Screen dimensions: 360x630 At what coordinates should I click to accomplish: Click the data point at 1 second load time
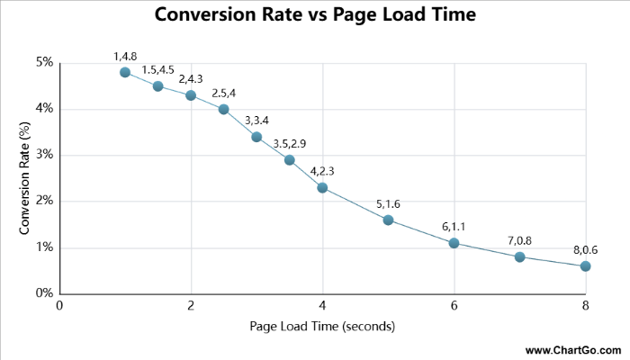[125, 72]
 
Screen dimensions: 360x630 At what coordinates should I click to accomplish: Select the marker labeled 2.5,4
[224, 109]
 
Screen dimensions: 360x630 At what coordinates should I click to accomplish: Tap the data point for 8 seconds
[585, 265]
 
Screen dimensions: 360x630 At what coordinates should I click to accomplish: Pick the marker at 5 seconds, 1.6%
[388, 220]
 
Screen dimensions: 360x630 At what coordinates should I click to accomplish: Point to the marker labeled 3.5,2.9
[290, 159]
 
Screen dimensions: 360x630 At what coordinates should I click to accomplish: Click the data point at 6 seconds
[454, 243]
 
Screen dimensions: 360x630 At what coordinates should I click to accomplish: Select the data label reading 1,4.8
[125, 56]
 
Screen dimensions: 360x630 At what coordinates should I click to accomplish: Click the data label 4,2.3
[322, 171]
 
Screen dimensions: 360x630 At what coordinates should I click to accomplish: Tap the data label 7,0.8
[519, 240]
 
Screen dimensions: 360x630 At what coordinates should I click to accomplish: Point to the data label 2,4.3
[191, 78]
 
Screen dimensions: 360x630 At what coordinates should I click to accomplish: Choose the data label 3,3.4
[256, 121]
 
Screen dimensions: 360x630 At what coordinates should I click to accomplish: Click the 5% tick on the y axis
[44, 63]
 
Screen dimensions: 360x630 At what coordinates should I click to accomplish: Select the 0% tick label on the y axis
[44, 293]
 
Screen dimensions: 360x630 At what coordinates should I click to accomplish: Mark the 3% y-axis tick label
[44, 155]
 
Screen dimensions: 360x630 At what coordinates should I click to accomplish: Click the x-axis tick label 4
[322, 306]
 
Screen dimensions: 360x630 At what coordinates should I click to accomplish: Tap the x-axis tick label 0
[59, 306]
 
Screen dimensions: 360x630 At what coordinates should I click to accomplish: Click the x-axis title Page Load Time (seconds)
[322, 326]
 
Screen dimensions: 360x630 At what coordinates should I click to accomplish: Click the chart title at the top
[314, 15]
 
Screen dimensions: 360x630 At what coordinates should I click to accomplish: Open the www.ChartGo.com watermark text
[571, 349]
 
